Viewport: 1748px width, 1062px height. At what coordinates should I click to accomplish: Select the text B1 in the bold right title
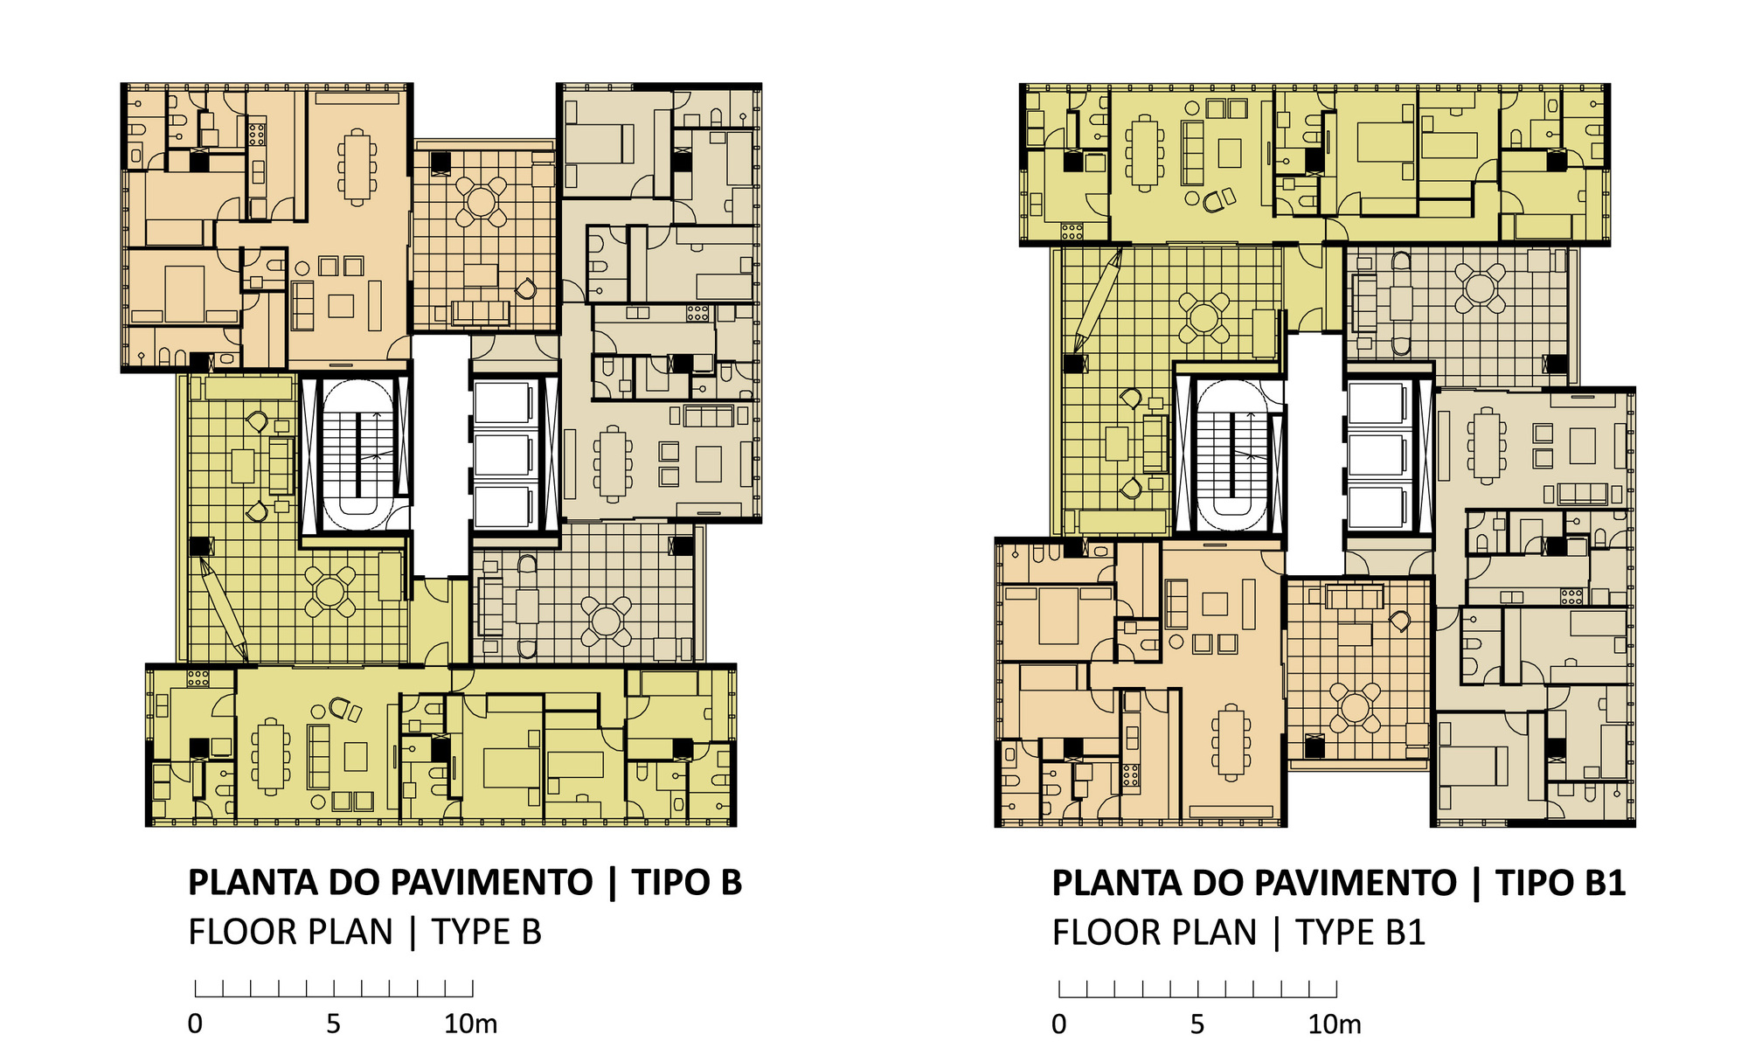point(1604,883)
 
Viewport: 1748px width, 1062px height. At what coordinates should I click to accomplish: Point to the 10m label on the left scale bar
point(470,1024)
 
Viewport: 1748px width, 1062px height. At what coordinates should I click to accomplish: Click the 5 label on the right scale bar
point(1197,1024)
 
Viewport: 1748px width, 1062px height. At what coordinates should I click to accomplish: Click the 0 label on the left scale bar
point(195,1024)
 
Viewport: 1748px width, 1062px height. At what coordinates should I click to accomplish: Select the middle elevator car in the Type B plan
point(503,455)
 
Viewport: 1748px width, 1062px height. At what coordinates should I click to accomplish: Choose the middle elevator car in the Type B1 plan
point(1377,455)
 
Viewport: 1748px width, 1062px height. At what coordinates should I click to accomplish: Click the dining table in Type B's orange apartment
point(357,167)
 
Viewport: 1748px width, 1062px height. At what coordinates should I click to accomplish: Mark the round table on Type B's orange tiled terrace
point(481,201)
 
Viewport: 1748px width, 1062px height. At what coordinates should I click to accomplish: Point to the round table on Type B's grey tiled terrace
point(606,621)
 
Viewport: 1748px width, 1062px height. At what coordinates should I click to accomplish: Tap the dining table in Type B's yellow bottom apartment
point(271,756)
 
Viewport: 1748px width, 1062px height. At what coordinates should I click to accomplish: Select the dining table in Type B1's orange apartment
point(1231,742)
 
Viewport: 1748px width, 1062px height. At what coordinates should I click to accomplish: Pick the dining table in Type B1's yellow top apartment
point(1144,153)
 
